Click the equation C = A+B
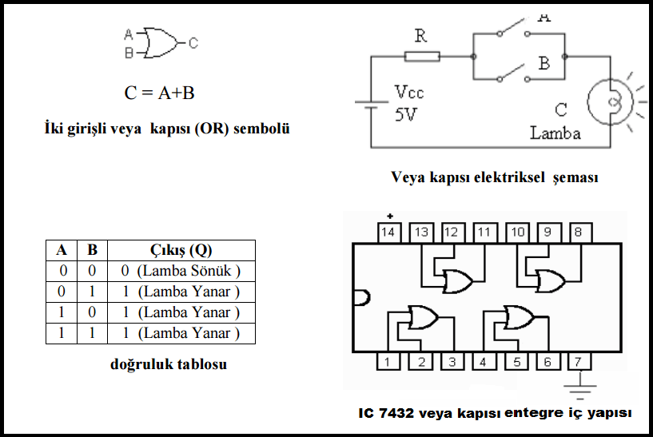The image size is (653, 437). point(160,93)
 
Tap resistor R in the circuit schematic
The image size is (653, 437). point(421,56)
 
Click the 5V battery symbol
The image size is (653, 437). point(369,105)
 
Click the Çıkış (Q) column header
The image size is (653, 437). point(181,249)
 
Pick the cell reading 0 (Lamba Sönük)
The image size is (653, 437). point(181,271)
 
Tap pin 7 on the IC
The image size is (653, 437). point(579,362)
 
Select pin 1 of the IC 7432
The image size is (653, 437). point(388,362)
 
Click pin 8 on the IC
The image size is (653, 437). point(579,232)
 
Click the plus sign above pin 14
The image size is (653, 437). point(390,216)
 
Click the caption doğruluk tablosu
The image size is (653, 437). point(169,364)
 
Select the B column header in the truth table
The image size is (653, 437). point(92,249)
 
